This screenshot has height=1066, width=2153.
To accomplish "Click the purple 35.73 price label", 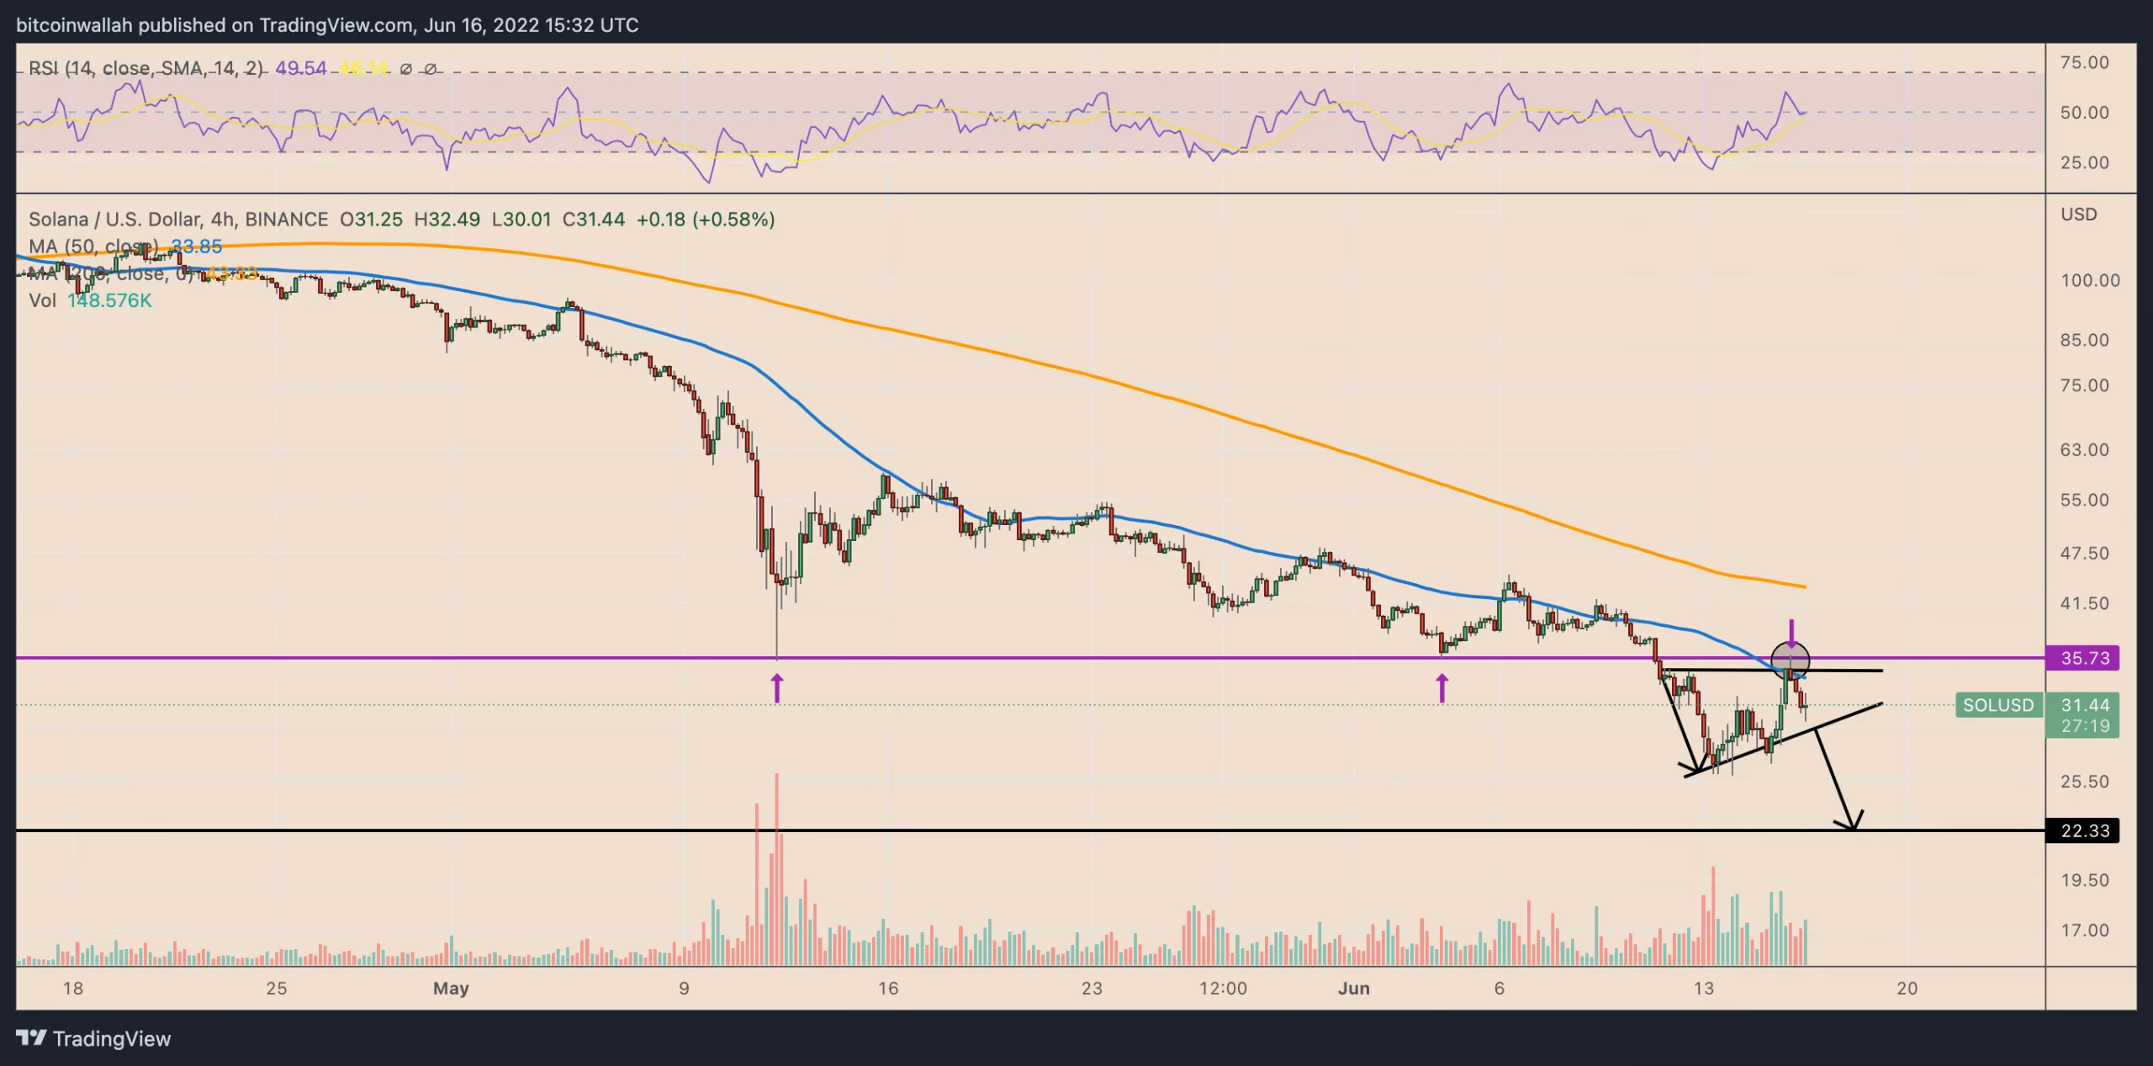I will pyautogui.click(x=2082, y=658).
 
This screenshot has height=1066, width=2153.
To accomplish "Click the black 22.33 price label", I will pyautogui.click(x=2082, y=830).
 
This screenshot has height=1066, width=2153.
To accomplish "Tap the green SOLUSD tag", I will pyautogui.click(x=1998, y=705).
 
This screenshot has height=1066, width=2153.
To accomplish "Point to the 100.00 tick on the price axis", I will pyautogui.click(x=2089, y=280).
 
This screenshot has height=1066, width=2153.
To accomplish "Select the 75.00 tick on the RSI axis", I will pyautogui.click(x=2084, y=62).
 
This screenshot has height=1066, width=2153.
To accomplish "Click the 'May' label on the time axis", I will pyautogui.click(x=451, y=988).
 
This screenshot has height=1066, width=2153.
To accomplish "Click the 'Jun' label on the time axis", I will pyautogui.click(x=1353, y=988).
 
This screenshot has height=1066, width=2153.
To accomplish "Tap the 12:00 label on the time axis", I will pyautogui.click(x=1223, y=988).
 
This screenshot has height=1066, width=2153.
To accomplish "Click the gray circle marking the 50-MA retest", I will pyautogui.click(x=1790, y=659).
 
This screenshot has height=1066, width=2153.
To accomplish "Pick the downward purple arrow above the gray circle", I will pyautogui.click(x=1791, y=632).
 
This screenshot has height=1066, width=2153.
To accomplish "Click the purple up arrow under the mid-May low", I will pyautogui.click(x=777, y=687).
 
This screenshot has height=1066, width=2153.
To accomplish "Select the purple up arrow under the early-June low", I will pyautogui.click(x=1442, y=687).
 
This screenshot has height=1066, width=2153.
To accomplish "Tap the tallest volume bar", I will pyautogui.click(x=777, y=867).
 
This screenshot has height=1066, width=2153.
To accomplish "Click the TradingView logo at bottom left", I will pyautogui.click(x=93, y=1038).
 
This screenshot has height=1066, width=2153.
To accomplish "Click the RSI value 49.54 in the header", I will pyautogui.click(x=300, y=68).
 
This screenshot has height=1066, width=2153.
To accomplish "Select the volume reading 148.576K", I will pyautogui.click(x=109, y=300).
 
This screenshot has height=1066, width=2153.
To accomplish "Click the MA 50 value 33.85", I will pyautogui.click(x=197, y=247).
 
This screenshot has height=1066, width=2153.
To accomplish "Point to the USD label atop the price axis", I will pyautogui.click(x=2078, y=215).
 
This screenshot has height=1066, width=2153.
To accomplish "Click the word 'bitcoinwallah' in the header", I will pyautogui.click(x=74, y=25).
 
